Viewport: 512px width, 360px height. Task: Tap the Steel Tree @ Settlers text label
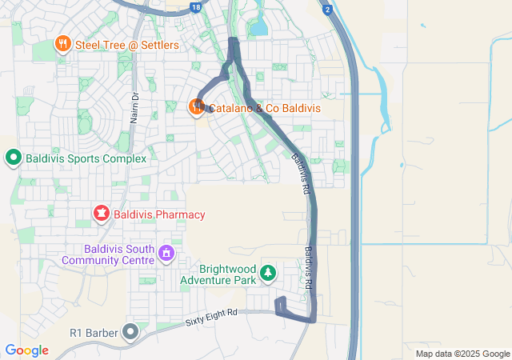click(x=127, y=45)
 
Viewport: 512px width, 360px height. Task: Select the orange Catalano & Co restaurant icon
click(x=195, y=106)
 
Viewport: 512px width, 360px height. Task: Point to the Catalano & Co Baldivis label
click(x=266, y=106)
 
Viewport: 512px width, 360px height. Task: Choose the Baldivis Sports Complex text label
click(x=86, y=158)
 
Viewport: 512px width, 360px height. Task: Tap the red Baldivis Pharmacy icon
click(x=101, y=214)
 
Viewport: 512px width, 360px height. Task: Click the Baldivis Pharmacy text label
click(x=158, y=214)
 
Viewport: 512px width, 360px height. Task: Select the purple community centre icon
click(x=166, y=254)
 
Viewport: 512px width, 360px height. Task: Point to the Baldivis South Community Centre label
click(x=108, y=254)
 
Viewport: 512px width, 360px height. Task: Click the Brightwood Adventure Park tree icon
click(x=268, y=274)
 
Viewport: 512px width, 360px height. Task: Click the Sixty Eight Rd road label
click(x=211, y=314)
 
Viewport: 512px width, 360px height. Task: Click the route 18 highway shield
click(x=197, y=6)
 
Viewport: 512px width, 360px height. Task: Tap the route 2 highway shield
click(x=327, y=8)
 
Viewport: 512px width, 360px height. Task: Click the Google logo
click(x=26, y=350)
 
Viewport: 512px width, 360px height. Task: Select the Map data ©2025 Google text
click(x=462, y=354)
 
